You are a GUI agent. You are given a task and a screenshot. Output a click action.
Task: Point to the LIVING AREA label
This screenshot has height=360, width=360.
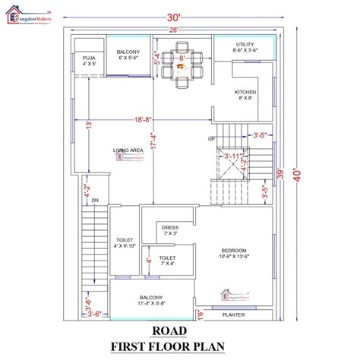click(128, 151)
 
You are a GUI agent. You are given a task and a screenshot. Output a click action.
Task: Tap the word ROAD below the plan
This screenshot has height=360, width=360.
click(179, 330)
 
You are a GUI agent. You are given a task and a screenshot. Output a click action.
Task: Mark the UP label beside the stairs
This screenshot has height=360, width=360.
click(212, 139)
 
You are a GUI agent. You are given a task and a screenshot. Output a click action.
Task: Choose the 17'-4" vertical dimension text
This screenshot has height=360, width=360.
click(153, 144)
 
